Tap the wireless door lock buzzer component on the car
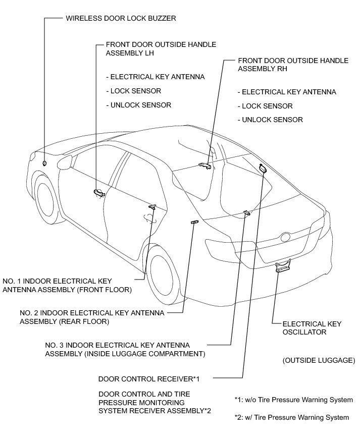[x=45, y=163]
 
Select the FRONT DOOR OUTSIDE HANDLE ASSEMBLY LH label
[x=161, y=48]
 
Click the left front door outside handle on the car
[x=98, y=192]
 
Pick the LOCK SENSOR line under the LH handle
[x=133, y=91]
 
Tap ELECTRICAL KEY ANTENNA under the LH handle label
[x=155, y=77]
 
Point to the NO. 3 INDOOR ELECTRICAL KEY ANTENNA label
[x=125, y=349]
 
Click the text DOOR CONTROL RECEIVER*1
[x=149, y=378]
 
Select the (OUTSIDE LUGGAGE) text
[x=319, y=360]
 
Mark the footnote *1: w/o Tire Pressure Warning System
[x=293, y=400]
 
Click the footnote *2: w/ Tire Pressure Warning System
[x=291, y=417]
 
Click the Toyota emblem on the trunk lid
[x=286, y=237]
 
